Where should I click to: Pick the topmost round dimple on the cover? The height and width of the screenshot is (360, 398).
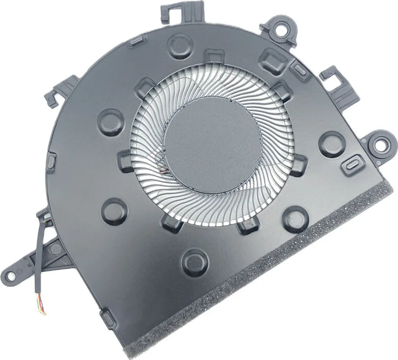(x=180, y=46)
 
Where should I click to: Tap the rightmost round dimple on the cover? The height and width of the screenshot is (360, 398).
(x=332, y=144)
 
